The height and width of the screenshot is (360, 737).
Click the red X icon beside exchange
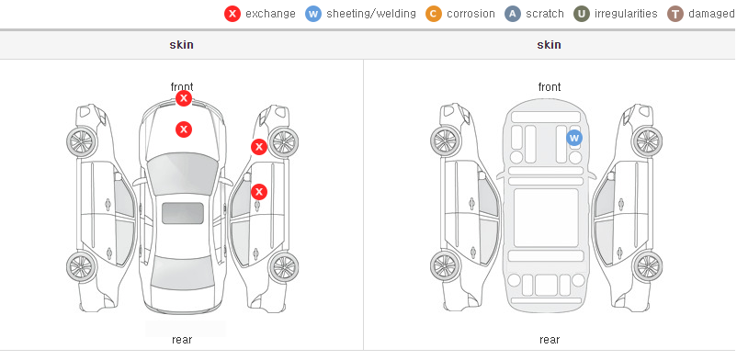232,14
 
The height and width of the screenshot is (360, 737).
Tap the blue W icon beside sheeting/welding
313,14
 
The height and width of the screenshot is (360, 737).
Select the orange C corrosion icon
434,14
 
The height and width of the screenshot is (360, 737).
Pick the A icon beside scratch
513,14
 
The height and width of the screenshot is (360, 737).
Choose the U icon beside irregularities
582,14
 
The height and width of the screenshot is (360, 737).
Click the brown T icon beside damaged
675,14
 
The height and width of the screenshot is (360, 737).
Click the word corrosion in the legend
471,14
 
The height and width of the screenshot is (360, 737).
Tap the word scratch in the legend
545,14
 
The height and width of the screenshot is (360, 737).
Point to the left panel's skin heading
181,45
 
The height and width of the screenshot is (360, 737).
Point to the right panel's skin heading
549,45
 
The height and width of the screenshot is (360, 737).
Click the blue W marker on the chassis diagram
574,138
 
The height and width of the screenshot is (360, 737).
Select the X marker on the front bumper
184,98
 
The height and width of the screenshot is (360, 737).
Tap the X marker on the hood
184,129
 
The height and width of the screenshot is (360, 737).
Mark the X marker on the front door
259,192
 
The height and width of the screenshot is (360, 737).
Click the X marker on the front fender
258,147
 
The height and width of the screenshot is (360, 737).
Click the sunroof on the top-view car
183,213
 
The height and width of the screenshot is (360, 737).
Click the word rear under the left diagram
182,340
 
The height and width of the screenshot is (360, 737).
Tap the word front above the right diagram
550,87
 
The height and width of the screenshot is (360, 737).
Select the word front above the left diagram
182,87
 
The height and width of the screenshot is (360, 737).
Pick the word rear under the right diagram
550,340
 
